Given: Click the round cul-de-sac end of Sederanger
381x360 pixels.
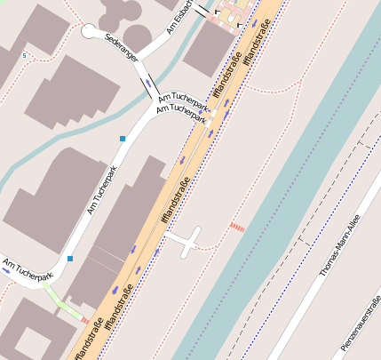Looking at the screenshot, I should pyautogui.click(x=91, y=31).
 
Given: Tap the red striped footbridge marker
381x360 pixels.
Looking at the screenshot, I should pyautogui.click(x=237, y=227).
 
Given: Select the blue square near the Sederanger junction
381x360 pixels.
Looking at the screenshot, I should pyautogui.click(x=123, y=139).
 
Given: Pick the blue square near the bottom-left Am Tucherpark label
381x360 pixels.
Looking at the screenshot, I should pyautogui.click(x=69, y=259).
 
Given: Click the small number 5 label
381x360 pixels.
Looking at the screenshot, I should pyautogui.click(x=24, y=56).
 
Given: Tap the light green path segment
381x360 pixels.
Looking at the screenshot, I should pyautogui.click(x=62, y=303).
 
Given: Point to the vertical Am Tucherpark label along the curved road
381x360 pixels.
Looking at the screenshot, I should pyautogui.click(x=101, y=190).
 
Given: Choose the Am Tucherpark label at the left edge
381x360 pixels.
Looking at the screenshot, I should pyautogui.click(x=28, y=270).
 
